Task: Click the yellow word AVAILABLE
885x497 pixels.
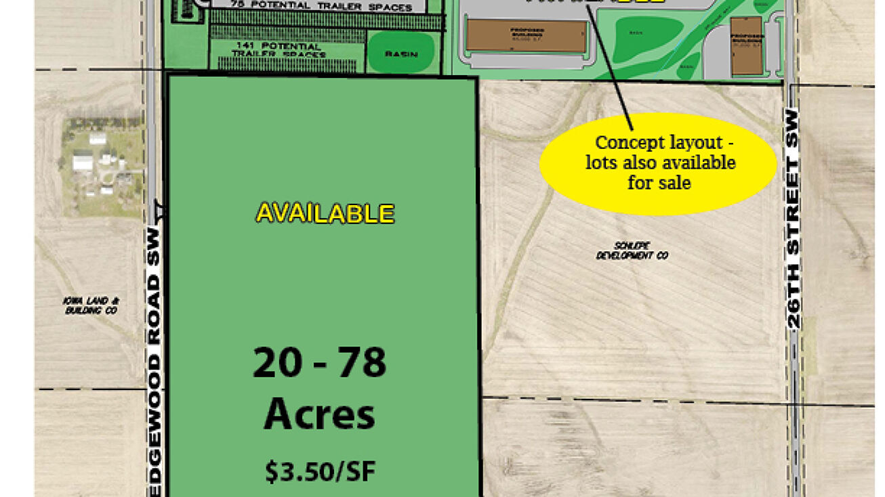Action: click(325, 214)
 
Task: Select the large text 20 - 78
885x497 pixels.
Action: click(319, 363)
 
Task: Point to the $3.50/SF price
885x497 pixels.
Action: click(319, 472)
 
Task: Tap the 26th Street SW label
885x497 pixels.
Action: click(794, 220)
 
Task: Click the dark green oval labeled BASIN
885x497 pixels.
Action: click(401, 53)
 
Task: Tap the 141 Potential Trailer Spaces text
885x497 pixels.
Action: click(279, 50)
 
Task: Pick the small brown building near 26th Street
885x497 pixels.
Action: click(746, 45)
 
